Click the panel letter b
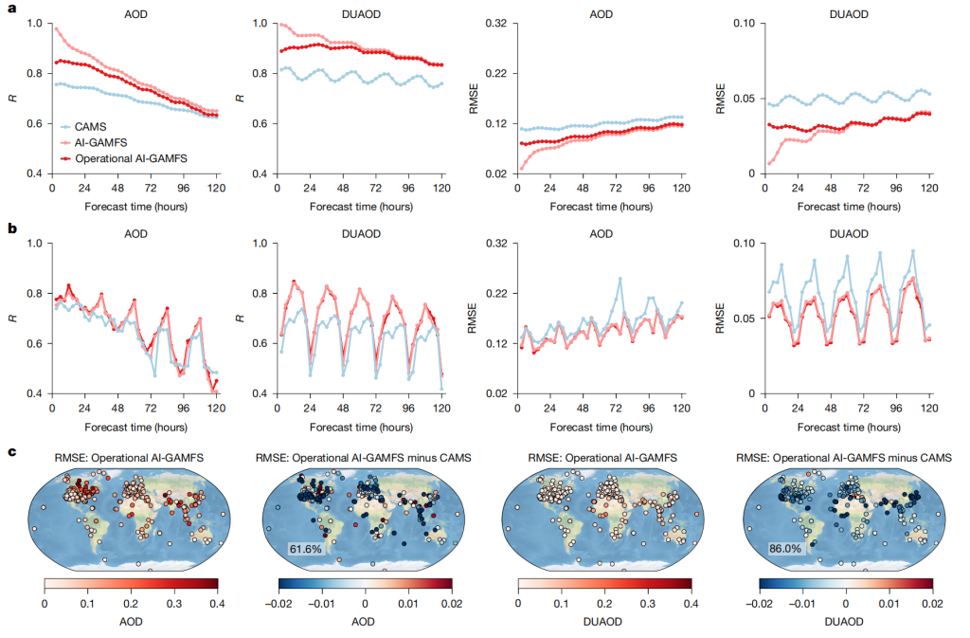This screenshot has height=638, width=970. [x=11, y=228]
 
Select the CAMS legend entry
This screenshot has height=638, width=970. [x=93, y=125]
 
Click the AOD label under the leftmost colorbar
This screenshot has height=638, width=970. [x=131, y=624]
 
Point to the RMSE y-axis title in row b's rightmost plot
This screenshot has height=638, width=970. [x=722, y=318]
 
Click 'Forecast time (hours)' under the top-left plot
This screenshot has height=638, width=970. [x=135, y=205]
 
